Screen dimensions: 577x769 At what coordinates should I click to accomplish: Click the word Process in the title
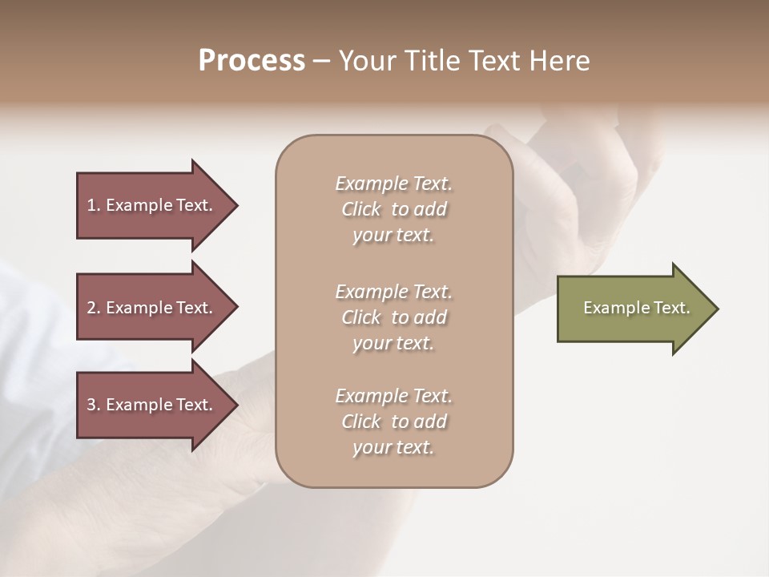coord(252,61)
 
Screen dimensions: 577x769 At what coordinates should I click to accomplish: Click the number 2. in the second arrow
coord(94,308)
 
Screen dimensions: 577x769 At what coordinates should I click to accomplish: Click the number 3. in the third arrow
coord(94,405)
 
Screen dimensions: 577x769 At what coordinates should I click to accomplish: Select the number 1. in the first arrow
coord(94,205)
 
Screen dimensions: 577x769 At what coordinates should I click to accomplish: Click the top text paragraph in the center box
coord(393,209)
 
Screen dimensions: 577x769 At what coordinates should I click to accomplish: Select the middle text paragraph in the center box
coord(393,317)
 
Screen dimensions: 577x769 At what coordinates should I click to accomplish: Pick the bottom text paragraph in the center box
coord(393,422)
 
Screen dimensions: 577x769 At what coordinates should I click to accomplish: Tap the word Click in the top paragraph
coord(361,209)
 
